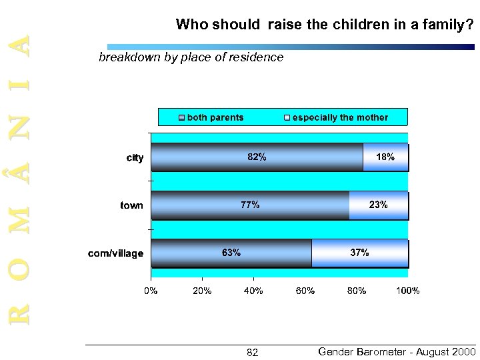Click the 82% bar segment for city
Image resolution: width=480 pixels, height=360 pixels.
[257, 158]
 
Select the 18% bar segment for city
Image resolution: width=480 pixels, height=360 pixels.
[385, 158]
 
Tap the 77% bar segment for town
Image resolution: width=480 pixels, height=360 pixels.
[250, 205]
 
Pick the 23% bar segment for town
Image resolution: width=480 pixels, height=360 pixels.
[379, 205]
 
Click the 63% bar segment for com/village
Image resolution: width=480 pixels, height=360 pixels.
[231, 253]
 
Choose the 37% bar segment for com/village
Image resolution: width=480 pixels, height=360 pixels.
[359, 253]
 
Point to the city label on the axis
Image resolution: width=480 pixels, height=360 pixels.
[135, 158]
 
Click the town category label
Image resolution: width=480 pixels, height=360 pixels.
[131, 205]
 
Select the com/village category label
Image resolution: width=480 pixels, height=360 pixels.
[116, 253]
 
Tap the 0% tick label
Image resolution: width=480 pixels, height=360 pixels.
[151, 291]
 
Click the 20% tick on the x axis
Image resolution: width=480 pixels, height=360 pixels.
[202, 291]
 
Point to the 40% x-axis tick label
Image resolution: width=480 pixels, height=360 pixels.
[253, 291]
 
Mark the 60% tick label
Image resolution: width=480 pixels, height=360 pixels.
[305, 291]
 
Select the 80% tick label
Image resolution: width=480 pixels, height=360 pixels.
[356, 291]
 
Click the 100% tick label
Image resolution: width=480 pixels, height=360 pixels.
[407, 291]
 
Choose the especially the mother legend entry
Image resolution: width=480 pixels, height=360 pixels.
[340, 117]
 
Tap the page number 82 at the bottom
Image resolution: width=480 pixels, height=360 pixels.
[253, 352]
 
